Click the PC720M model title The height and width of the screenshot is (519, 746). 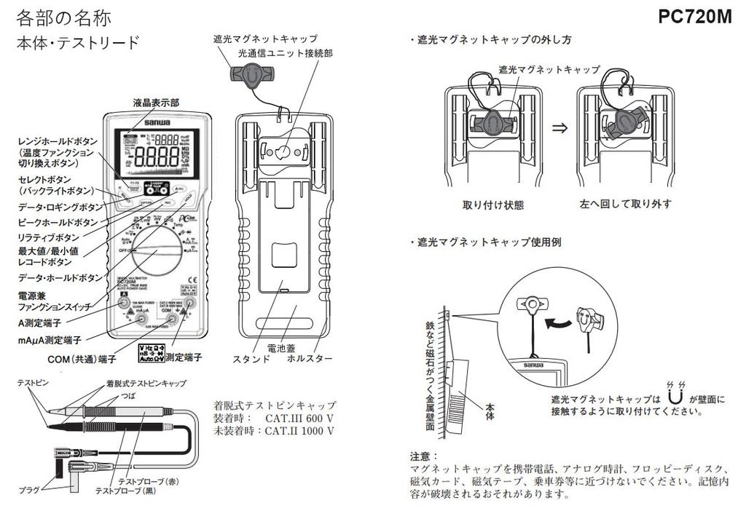694,17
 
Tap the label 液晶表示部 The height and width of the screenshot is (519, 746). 155,103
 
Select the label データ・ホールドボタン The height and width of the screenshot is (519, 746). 60,278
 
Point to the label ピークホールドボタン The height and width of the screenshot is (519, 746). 58,222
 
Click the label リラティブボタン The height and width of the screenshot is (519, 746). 48,237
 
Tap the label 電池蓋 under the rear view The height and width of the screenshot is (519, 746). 280,348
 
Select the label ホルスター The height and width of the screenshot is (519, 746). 310,359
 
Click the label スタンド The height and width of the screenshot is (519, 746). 251,359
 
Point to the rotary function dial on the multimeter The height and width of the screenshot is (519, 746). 155,251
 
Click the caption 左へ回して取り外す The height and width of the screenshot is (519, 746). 626,204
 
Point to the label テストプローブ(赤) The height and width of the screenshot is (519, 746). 149,481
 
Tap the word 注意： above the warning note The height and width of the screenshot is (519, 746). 425,456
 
